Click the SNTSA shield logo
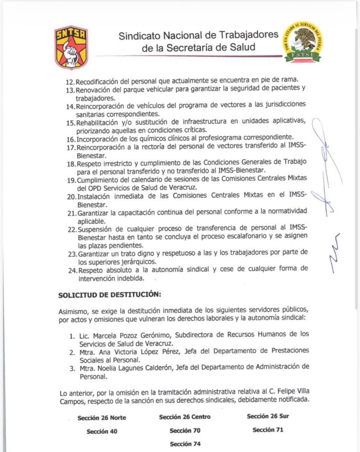click(x=71, y=47)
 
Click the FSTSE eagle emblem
click(x=302, y=42)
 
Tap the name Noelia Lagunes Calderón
click(x=130, y=366)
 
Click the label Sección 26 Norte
click(x=101, y=418)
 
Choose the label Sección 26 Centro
click(x=185, y=417)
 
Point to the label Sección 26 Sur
click(x=268, y=416)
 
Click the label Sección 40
click(x=102, y=431)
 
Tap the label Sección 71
click(x=268, y=429)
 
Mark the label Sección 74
click(x=185, y=444)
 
